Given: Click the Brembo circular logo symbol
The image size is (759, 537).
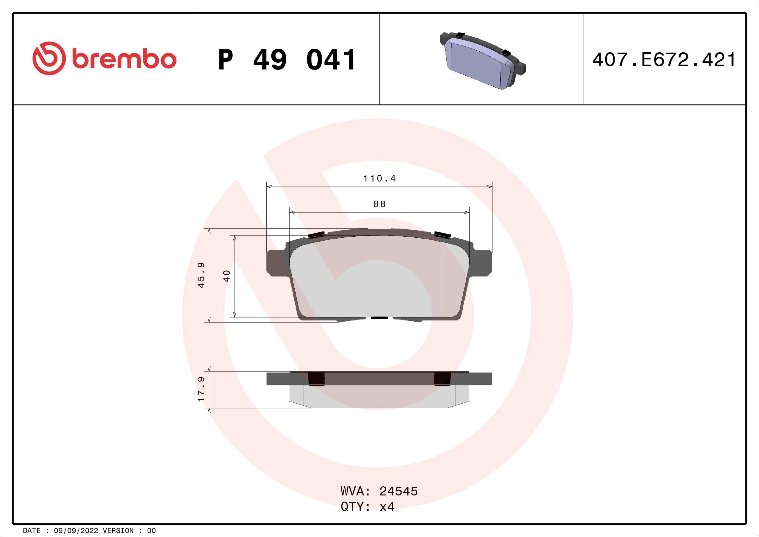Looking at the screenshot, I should tap(48, 58).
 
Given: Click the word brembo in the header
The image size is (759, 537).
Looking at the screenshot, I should tap(124, 59).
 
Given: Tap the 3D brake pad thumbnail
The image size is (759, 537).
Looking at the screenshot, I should tap(483, 61).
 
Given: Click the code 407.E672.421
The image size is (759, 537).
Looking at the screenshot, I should tap(664, 60).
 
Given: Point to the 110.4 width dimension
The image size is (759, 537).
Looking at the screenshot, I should tap(380, 179).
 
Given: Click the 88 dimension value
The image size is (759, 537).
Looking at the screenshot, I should tap(380, 204).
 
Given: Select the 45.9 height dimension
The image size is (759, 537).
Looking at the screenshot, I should tap(201, 275).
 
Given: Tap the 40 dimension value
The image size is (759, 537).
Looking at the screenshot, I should tap(226, 276).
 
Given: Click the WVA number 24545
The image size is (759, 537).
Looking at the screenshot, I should tap(398, 491).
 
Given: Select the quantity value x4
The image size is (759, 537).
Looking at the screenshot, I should tap(387, 507).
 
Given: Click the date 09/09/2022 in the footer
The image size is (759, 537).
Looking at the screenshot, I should tap(76, 531).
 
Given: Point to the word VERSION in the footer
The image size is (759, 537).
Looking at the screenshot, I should tap(118, 531).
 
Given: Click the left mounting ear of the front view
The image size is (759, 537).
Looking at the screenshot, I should tap(275, 263).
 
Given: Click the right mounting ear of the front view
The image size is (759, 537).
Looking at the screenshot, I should tap(483, 263).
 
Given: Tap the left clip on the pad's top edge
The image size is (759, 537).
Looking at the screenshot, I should tap(315, 235).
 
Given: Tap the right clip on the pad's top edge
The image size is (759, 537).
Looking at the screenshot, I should tap(442, 235).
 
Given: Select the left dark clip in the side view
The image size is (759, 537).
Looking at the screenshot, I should tap(316, 379).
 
